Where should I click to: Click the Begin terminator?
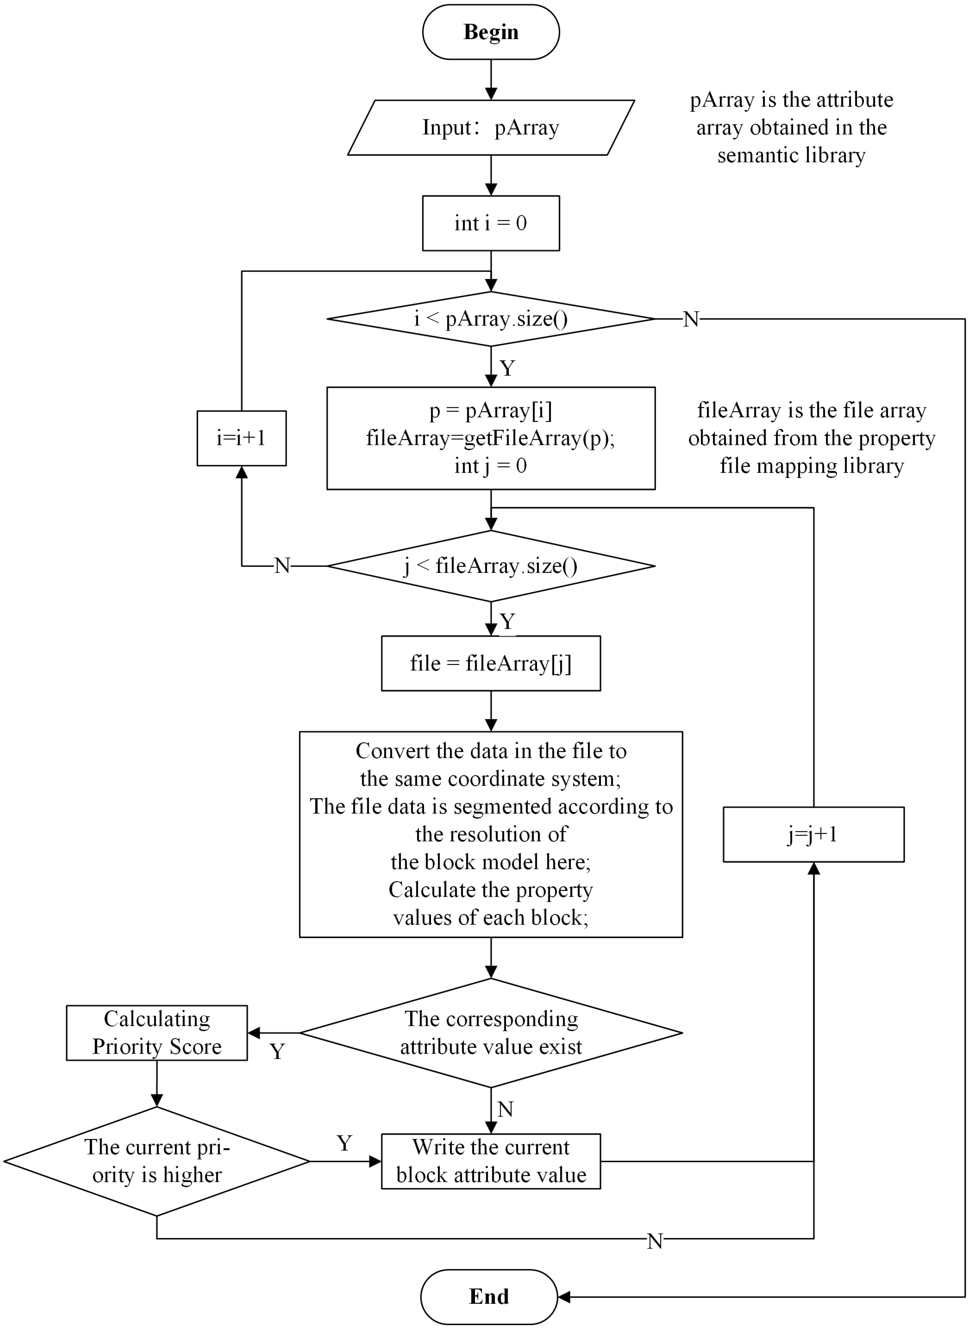coord(491,32)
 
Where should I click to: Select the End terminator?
coord(489,1296)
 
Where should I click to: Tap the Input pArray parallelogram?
coord(491,128)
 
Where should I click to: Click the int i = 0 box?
coord(491,223)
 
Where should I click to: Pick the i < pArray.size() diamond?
coord(491,319)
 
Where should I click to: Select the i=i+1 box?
coord(241,438)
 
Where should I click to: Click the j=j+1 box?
coord(813,834)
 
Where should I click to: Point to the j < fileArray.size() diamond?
coord(491,566)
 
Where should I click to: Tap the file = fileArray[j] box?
coord(491,663)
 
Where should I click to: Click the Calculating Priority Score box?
coord(157,1033)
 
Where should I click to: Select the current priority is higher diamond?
coord(157,1161)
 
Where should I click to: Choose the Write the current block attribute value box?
coord(491,1161)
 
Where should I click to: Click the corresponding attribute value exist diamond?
coord(491,1033)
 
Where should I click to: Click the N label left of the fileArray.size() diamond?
coord(283,566)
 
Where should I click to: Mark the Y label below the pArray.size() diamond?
coord(507,368)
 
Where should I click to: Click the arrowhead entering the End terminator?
coord(563,1297)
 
